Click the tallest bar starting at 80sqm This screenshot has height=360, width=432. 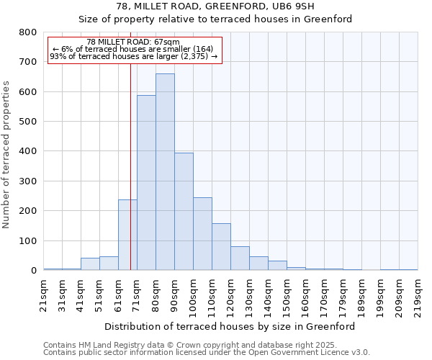[165, 172]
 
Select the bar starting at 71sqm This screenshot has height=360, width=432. [146, 183]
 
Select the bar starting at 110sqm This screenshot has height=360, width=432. [221, 247]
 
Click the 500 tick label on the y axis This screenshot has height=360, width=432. [28, 122]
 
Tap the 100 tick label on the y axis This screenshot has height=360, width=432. [28, 241]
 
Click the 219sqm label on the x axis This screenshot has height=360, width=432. [418, 295]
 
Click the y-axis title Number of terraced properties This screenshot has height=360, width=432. [7, 155]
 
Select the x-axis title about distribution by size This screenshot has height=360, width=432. [230, 326]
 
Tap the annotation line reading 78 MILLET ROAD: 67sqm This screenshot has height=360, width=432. [133, 42]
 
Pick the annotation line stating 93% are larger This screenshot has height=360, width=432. [133, 56]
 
